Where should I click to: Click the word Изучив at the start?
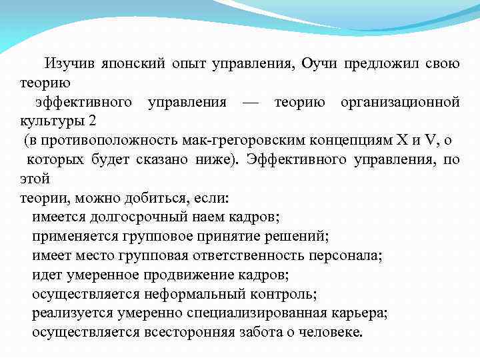click(x=69, y=64)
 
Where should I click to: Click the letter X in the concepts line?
click(x=401, y=141)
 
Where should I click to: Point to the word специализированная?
click(x=269, y=313)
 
